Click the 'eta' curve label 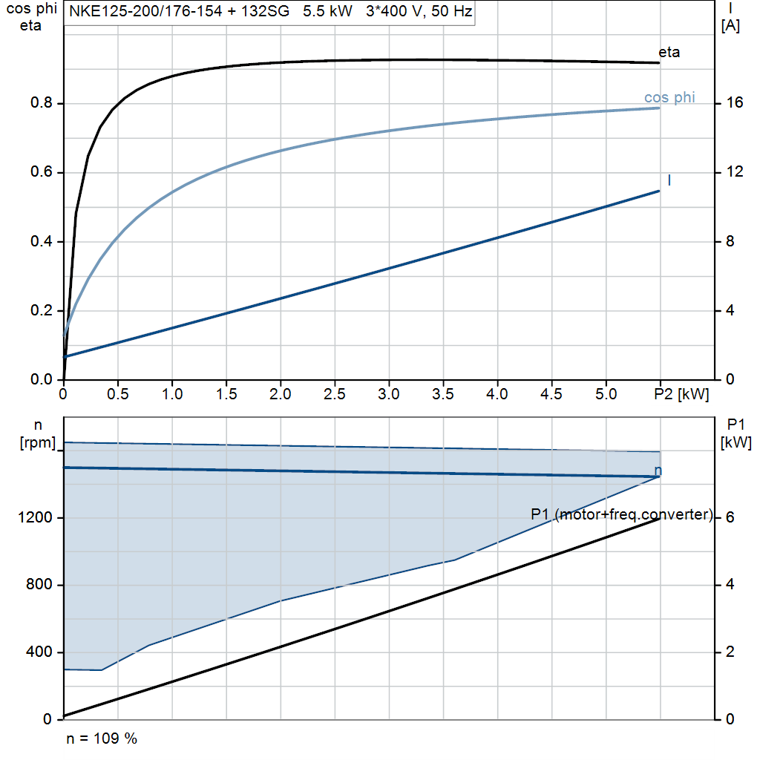tap(669, 52)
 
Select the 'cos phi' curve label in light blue tap(669, 97)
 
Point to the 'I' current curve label tap(669, 180)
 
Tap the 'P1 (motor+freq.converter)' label tap(621, 514)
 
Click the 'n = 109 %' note tap(102, 738)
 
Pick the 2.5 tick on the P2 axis tap(335, 394)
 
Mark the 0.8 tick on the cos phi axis tap(42, 102)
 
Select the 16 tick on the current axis tap(734, 102)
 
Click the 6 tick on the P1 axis tap(730, 517)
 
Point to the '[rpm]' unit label tap(38, 443)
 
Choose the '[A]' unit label tap(730, 26)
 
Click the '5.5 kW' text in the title tap(327, 10)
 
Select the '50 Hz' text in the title tap(452, 10)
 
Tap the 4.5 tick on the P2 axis tap(551, 394)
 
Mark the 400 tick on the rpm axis tap(39, 652)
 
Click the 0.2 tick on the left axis tap(42, 310)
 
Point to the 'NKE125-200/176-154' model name tap(145, 10)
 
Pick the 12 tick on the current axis tap(734, 171)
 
